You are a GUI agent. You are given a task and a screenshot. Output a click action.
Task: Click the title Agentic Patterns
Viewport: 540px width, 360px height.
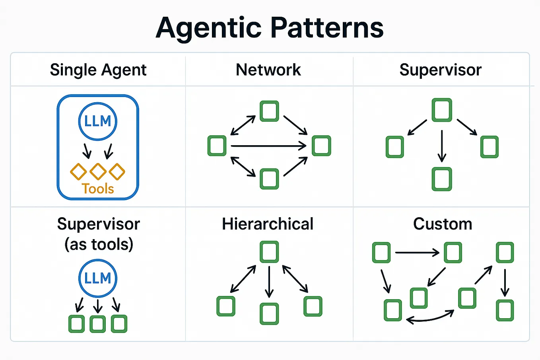(270, 28)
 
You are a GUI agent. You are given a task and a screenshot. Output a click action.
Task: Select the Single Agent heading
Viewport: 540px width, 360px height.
(98, 70)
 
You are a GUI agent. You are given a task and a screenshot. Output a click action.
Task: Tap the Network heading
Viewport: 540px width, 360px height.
(268, 70)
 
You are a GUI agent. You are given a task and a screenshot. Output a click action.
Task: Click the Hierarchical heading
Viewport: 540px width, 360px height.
(268, 224)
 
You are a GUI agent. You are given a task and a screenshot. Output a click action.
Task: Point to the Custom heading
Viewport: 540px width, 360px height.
(443, 224)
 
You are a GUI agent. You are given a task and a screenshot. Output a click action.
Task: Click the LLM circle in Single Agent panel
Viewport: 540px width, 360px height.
(98, 121)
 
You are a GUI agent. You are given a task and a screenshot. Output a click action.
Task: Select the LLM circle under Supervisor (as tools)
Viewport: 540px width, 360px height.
(98, 278)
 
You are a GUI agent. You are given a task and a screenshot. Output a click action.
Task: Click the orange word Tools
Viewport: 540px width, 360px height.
(98, 189)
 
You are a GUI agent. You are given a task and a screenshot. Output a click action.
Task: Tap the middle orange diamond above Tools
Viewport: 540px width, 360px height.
(98, 171)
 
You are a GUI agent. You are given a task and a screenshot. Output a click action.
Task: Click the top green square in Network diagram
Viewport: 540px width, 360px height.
(269, 111)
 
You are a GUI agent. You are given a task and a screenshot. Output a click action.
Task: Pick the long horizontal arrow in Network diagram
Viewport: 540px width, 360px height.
(268, 146)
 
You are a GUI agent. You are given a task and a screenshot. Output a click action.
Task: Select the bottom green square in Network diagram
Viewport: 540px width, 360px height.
(269, 179)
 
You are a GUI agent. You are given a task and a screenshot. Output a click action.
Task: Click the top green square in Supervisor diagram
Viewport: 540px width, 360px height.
(442, 110)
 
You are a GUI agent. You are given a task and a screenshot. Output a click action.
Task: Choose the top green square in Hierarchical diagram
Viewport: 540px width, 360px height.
(269, 252)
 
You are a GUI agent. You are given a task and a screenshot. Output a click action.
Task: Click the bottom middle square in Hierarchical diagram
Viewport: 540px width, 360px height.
(269, 313)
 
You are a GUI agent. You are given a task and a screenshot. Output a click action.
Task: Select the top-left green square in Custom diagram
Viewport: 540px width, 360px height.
(381, 253)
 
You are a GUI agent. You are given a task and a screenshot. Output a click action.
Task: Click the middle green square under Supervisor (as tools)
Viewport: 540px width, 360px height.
(98, 324)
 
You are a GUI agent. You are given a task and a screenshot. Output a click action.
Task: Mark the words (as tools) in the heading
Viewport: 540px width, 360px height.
(99, 244)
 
